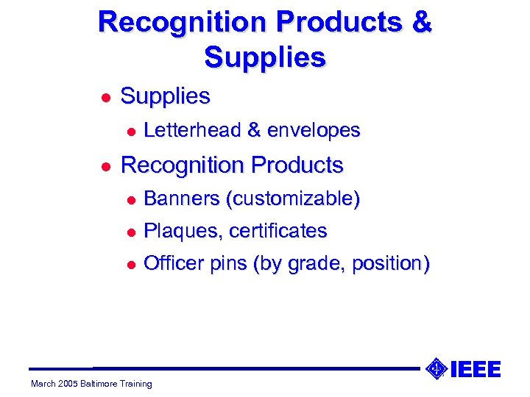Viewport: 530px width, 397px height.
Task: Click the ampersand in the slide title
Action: [x=423, y=21]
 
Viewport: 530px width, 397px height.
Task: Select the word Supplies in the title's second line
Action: [x=265, y=57]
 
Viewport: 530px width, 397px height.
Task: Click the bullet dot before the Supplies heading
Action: [x=106, y=97]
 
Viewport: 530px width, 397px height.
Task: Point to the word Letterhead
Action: [x=192, y=131]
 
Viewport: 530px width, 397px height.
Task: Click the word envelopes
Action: [x=314, y=131]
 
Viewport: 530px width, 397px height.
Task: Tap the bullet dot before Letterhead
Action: [x=130, y=132]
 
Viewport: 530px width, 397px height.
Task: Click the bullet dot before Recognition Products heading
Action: [x=106, y=166]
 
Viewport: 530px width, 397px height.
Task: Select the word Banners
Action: [x=182, y=199]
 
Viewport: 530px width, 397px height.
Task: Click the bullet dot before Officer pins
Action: [x=130, y=265]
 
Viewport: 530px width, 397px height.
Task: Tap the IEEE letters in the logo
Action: [x=475, y=369]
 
